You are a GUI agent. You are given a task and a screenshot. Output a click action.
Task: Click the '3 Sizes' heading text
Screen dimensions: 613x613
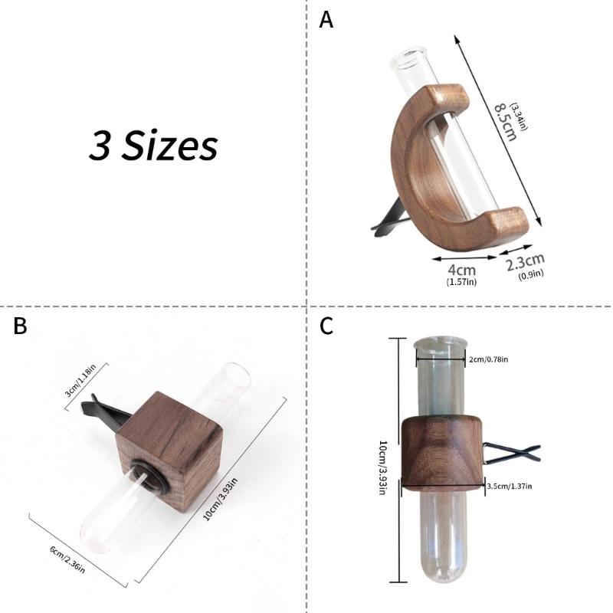point(153,146)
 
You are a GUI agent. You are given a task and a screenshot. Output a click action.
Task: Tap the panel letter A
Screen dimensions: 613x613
point(326,20)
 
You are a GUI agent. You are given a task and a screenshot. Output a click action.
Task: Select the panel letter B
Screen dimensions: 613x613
point(20,326)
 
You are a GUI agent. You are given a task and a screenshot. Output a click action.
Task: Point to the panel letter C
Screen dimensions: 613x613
point(326,326)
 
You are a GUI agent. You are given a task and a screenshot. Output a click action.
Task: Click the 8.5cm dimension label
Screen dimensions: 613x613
point(506,121)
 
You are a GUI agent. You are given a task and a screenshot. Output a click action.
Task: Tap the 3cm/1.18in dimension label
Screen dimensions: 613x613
point(80,380)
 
